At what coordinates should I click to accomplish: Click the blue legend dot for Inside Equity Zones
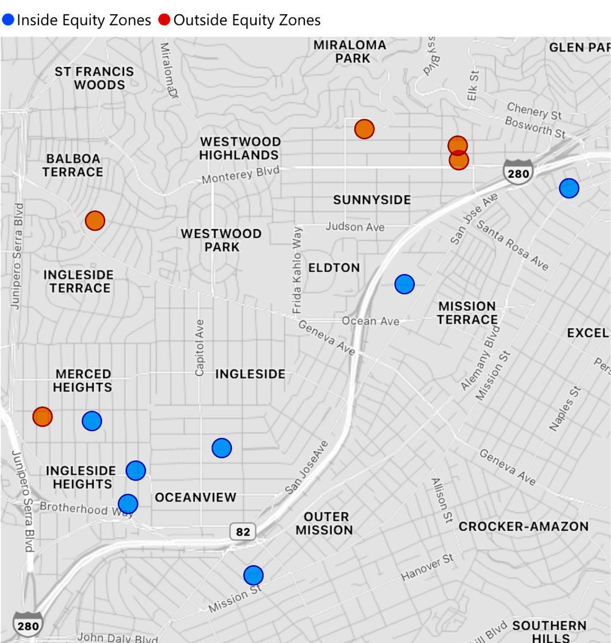point(9,20)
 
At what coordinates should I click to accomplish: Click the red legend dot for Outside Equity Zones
point(165,20)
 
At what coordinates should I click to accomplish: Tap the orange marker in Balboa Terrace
point(95,220)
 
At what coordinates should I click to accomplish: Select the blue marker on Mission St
point(253,575)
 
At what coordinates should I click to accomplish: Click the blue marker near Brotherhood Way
point(128,503)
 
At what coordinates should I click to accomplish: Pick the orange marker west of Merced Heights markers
point(42,417)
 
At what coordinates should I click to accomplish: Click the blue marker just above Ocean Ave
point(404,284)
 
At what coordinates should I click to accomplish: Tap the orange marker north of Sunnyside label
point(364,129)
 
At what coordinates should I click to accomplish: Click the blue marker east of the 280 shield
point(569,188)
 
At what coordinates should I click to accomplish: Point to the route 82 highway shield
point(243,532)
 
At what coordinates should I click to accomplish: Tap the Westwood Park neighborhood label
point(221,241)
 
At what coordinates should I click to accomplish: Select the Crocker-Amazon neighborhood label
point(524,526)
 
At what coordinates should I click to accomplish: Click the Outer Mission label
point(324,523)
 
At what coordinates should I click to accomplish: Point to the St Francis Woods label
point(94,78)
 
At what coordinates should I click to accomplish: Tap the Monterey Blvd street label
point(241,175)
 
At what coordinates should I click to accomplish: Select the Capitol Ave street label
point(199,347)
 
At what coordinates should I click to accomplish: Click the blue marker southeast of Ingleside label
point(222,448)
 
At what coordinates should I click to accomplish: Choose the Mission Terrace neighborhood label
point(467,313)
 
